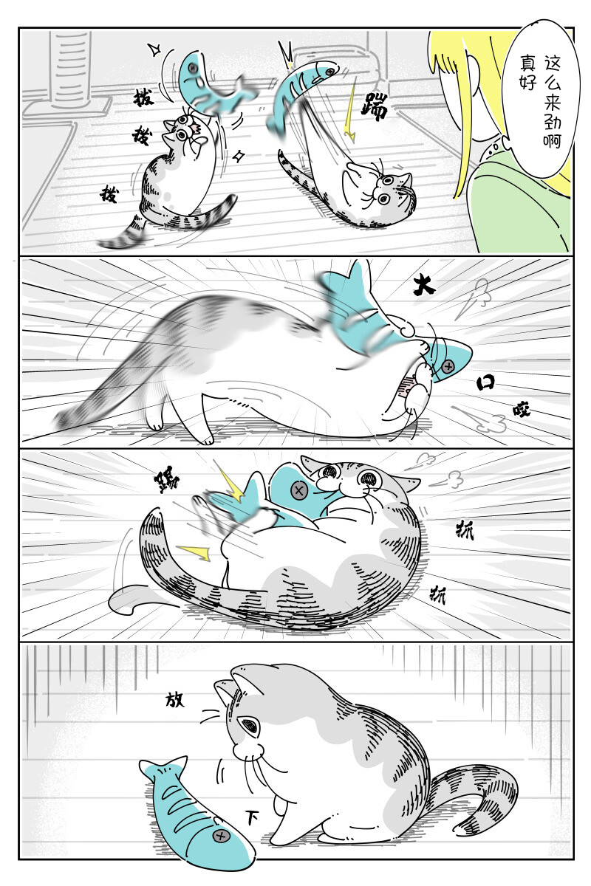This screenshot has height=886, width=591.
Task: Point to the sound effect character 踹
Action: [374, 111]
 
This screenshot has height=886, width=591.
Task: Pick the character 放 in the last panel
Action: [175, 698]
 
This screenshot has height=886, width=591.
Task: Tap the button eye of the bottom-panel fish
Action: [220, 836]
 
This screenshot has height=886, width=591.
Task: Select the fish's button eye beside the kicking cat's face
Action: [298, 489]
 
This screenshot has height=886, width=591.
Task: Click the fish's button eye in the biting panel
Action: [448, 365]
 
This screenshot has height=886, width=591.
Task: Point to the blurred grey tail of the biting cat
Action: [103, 391]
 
